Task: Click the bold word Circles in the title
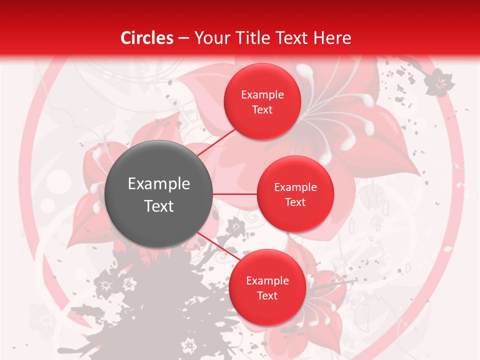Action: (147, 38)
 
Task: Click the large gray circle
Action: (158, 194)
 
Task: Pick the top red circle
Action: (262, 101)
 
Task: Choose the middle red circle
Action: (295, 194)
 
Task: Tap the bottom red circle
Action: (267, 287)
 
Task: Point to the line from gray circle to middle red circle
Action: (234, 194)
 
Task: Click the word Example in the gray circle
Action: (159, 184)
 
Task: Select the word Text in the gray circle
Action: (159, 206)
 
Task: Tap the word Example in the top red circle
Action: (262, 94)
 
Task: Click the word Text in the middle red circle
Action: (295, 202)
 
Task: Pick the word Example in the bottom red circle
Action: (267, 280)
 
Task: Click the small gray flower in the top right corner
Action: (439, 81)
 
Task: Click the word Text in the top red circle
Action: (262, 109)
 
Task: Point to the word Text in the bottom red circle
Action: (267, 295)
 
